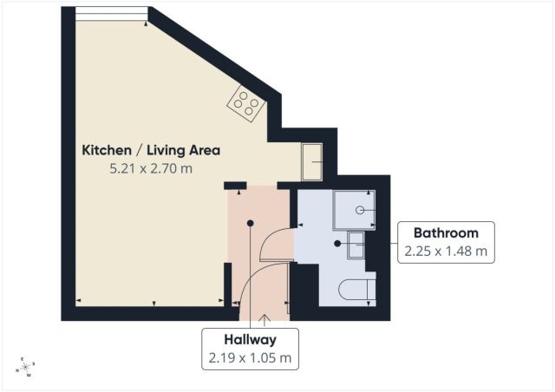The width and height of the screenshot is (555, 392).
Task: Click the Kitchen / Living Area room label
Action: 151,150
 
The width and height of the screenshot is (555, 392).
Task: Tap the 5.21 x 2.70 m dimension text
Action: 151,168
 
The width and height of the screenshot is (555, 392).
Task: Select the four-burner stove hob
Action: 246,103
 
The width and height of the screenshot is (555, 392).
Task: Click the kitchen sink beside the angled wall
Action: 312,162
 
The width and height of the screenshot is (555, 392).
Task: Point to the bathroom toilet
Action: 356,290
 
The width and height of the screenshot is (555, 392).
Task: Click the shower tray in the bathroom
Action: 354,210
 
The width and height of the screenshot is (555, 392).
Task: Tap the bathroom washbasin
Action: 356,245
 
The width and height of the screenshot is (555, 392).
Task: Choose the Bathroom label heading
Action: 446,233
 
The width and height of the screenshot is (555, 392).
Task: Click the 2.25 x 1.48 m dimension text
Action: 446,252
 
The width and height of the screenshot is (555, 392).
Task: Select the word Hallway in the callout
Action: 251,340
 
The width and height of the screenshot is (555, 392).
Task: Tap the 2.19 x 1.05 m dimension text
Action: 251,358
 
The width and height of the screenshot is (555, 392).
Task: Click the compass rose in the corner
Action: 25,367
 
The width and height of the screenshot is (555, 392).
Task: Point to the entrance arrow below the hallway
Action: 264,320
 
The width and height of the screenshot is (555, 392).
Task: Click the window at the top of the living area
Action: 112,14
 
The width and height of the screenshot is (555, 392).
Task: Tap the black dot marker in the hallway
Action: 251,223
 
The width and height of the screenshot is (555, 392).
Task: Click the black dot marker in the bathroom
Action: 337,244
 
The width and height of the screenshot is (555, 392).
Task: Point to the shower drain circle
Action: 360,211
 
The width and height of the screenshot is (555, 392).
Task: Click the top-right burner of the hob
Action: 254,103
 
